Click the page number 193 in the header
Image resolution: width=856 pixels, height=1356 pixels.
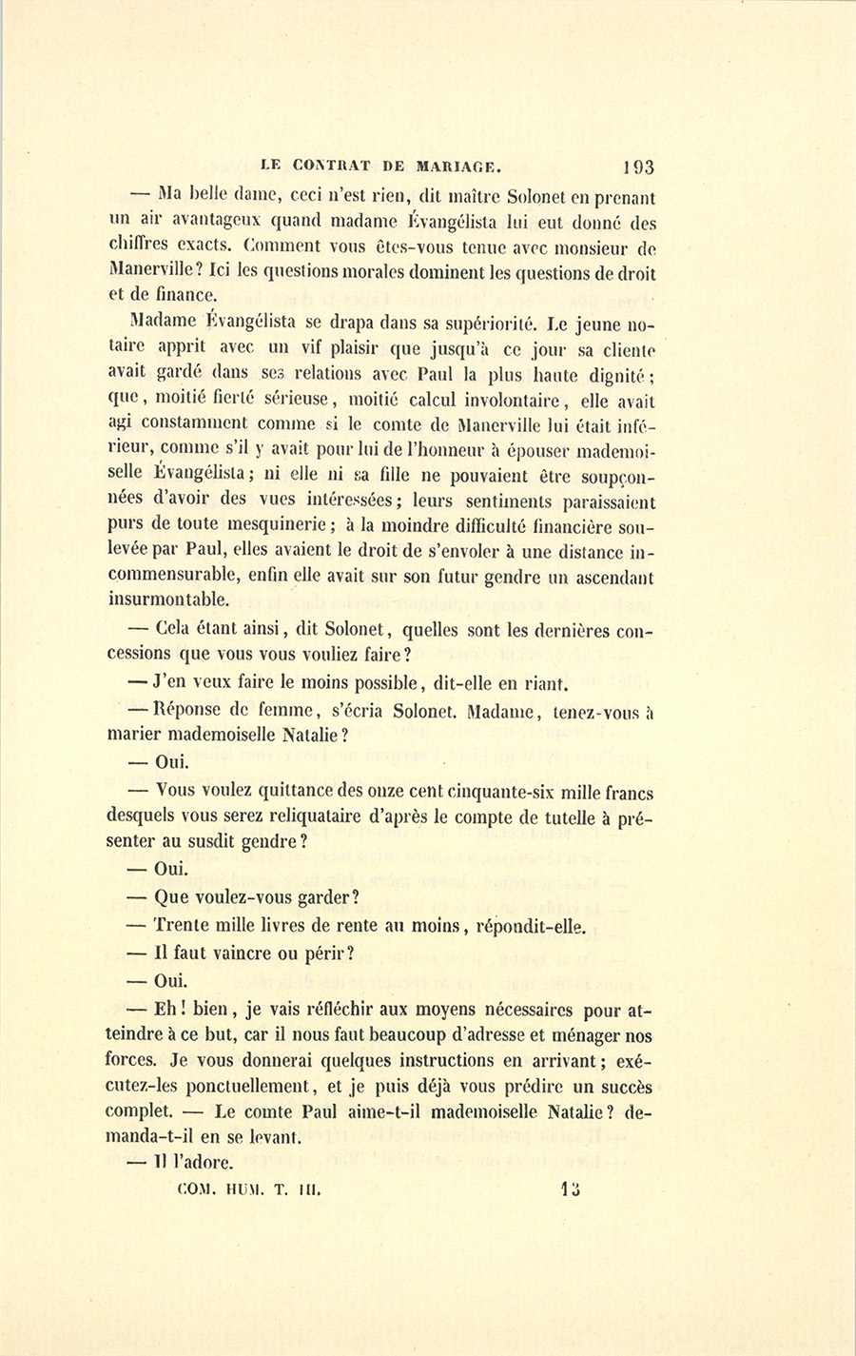(x=637, y=167)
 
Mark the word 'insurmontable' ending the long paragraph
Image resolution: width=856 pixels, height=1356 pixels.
(x=167, y=599)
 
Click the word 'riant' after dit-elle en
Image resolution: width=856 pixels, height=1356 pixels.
(x=545, y=682)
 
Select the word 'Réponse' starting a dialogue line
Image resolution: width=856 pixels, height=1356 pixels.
(x=189, y=710)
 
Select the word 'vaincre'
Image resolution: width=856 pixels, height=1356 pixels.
(x=224, y=953)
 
